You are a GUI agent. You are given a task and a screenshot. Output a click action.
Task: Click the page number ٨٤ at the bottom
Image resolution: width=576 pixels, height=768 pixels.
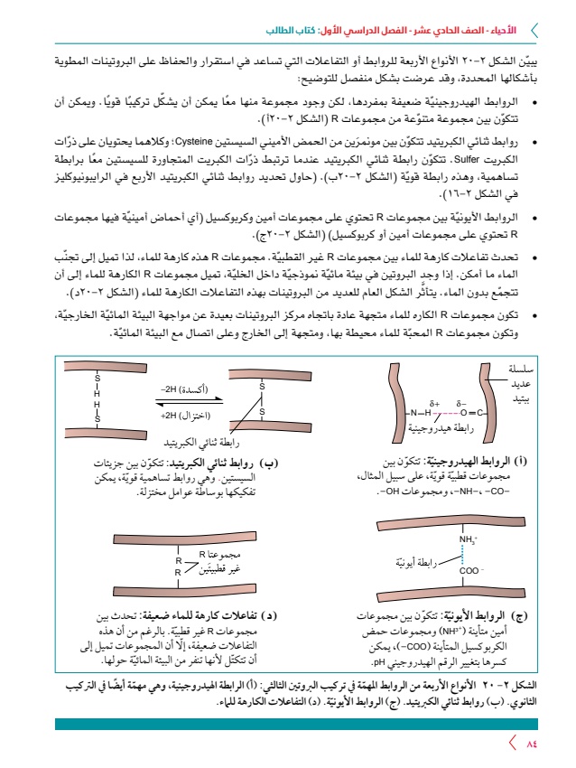531,744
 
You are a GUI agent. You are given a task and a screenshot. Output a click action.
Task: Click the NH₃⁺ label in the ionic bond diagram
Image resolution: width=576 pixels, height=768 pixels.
468,540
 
